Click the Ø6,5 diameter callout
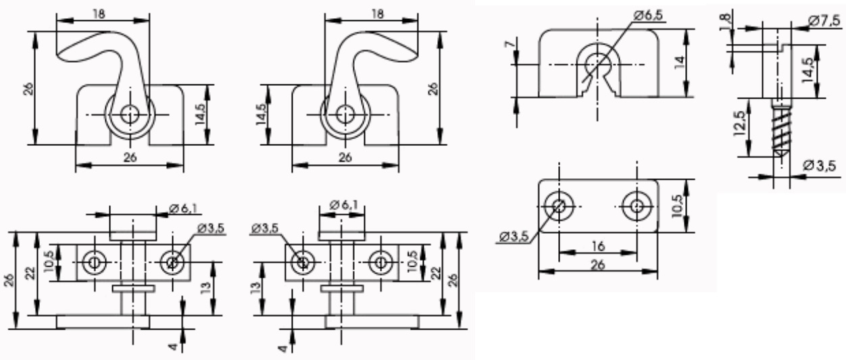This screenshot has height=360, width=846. point(648,15)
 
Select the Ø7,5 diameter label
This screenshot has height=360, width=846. point(824,21)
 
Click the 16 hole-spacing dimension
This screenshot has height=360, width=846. point(598,246)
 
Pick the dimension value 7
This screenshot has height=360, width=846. point(511,45)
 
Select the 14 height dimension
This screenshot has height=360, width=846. point(680,62)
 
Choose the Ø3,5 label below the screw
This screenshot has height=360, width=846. point(819,165)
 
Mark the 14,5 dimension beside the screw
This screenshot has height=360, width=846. point(808,70)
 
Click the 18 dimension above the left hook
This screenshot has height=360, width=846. point(99,14)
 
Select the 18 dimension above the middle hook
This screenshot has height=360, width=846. point(377,14)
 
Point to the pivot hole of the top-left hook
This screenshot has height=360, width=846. point(130,115)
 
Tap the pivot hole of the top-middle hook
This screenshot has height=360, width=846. point(345,115)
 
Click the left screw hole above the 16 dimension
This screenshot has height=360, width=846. point(559,206)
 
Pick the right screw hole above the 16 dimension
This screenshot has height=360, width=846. point(637,206)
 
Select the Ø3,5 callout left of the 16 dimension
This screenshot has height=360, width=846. point(514,237)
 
